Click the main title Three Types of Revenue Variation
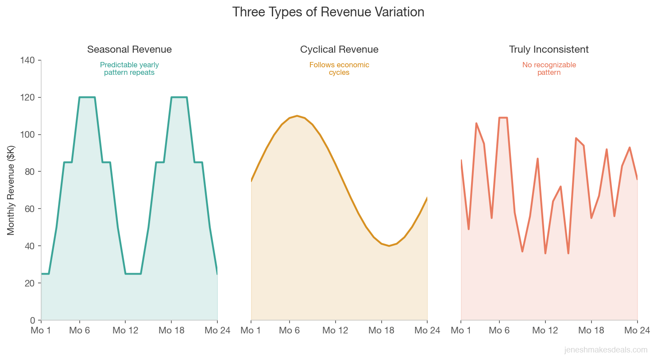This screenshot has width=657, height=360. point(328,12)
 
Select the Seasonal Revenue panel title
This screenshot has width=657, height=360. point(129,49)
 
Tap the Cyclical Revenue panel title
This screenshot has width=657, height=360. point(339,49)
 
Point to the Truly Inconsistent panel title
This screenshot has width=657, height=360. point(549,49)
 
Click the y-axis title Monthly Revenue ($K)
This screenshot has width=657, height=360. point(11,190)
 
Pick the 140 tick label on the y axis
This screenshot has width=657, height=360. point(27,60)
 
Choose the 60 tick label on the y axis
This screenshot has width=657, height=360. point(30,209)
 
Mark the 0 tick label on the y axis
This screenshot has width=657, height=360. point(32,320)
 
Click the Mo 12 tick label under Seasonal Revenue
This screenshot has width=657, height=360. point(125,330)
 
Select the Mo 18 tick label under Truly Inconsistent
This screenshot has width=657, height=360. point(591,330)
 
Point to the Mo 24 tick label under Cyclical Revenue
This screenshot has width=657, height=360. point(427,330)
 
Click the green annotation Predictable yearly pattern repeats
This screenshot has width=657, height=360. point(129,69)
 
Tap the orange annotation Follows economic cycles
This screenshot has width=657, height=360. point(339,69)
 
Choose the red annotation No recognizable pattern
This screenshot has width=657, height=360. point(549,69)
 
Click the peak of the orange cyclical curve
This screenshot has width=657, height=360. point(297,116)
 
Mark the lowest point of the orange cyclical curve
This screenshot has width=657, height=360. point(389,246)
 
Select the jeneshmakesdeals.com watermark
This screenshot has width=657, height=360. point(606,350)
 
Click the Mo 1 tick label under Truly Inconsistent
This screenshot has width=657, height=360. point(460,330)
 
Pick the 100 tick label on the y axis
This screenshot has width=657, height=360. point(27,135)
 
